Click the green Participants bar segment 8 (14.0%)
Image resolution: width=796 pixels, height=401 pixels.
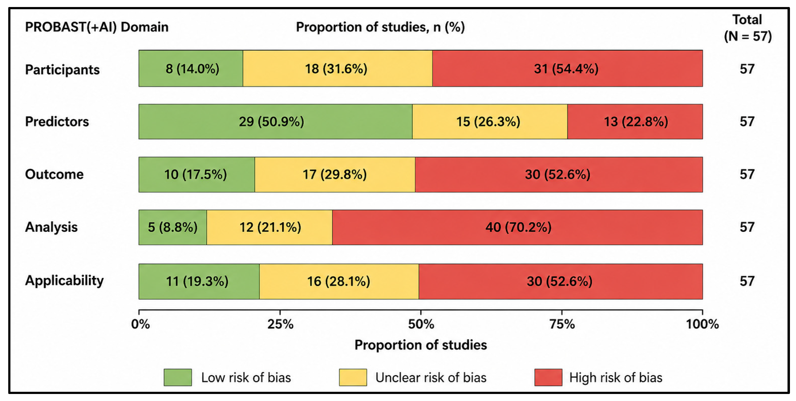[x=191, y=68]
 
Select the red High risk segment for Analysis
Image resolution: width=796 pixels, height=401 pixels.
[x=517, y=227]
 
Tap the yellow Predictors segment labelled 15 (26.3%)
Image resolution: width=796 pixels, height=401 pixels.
[x=490, y=121]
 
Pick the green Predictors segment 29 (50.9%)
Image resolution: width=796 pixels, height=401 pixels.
[x=275, y=121]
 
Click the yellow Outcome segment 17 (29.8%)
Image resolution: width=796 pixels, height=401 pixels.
[x=335, y=174]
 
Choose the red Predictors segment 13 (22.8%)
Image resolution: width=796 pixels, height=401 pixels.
[x=635, y=121]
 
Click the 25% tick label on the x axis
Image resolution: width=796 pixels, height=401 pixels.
[x=280, y=324]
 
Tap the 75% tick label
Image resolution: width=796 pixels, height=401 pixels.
[x=562, y=324]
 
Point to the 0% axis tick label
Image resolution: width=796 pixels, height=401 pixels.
[x=140, y=324]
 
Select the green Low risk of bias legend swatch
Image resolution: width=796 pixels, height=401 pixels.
[x=178, y=377]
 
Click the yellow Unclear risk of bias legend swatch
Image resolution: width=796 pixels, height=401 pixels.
[x=353, y=377]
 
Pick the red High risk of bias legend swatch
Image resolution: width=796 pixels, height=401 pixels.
[x=549, y=377]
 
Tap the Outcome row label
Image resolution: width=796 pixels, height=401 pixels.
[x=54, y=174]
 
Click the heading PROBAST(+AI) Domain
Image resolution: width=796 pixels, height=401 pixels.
[x=97, y=27]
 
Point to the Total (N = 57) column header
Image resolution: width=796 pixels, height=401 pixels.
[x=748, y=28]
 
